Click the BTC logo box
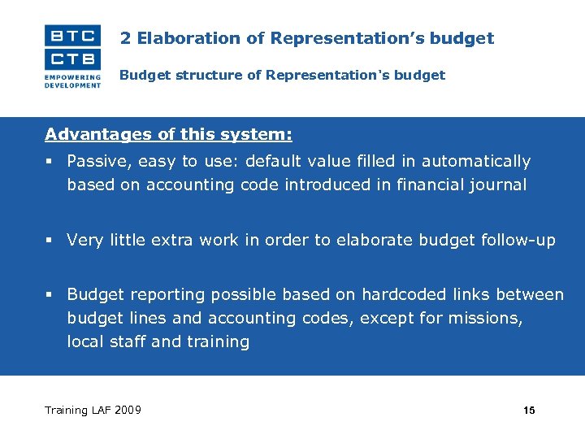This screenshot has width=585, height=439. pyautogui.click(x=73, y=36)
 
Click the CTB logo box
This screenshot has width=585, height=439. pyautogui.click(x=73, y=59)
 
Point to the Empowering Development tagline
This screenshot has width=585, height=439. pyautogui.click(x=73, y=81)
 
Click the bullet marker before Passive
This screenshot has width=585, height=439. pyautogui.click(x=50, y=162)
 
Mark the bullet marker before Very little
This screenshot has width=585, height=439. pyautogui.click(x=50, y=241)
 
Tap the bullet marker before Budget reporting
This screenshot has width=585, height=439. pyautogui.click(x=50, y=295)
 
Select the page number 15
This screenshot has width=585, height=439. pyautogui.click(x=529, y=411)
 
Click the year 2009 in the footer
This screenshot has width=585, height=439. pyautogui.click(x=128, y=410)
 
